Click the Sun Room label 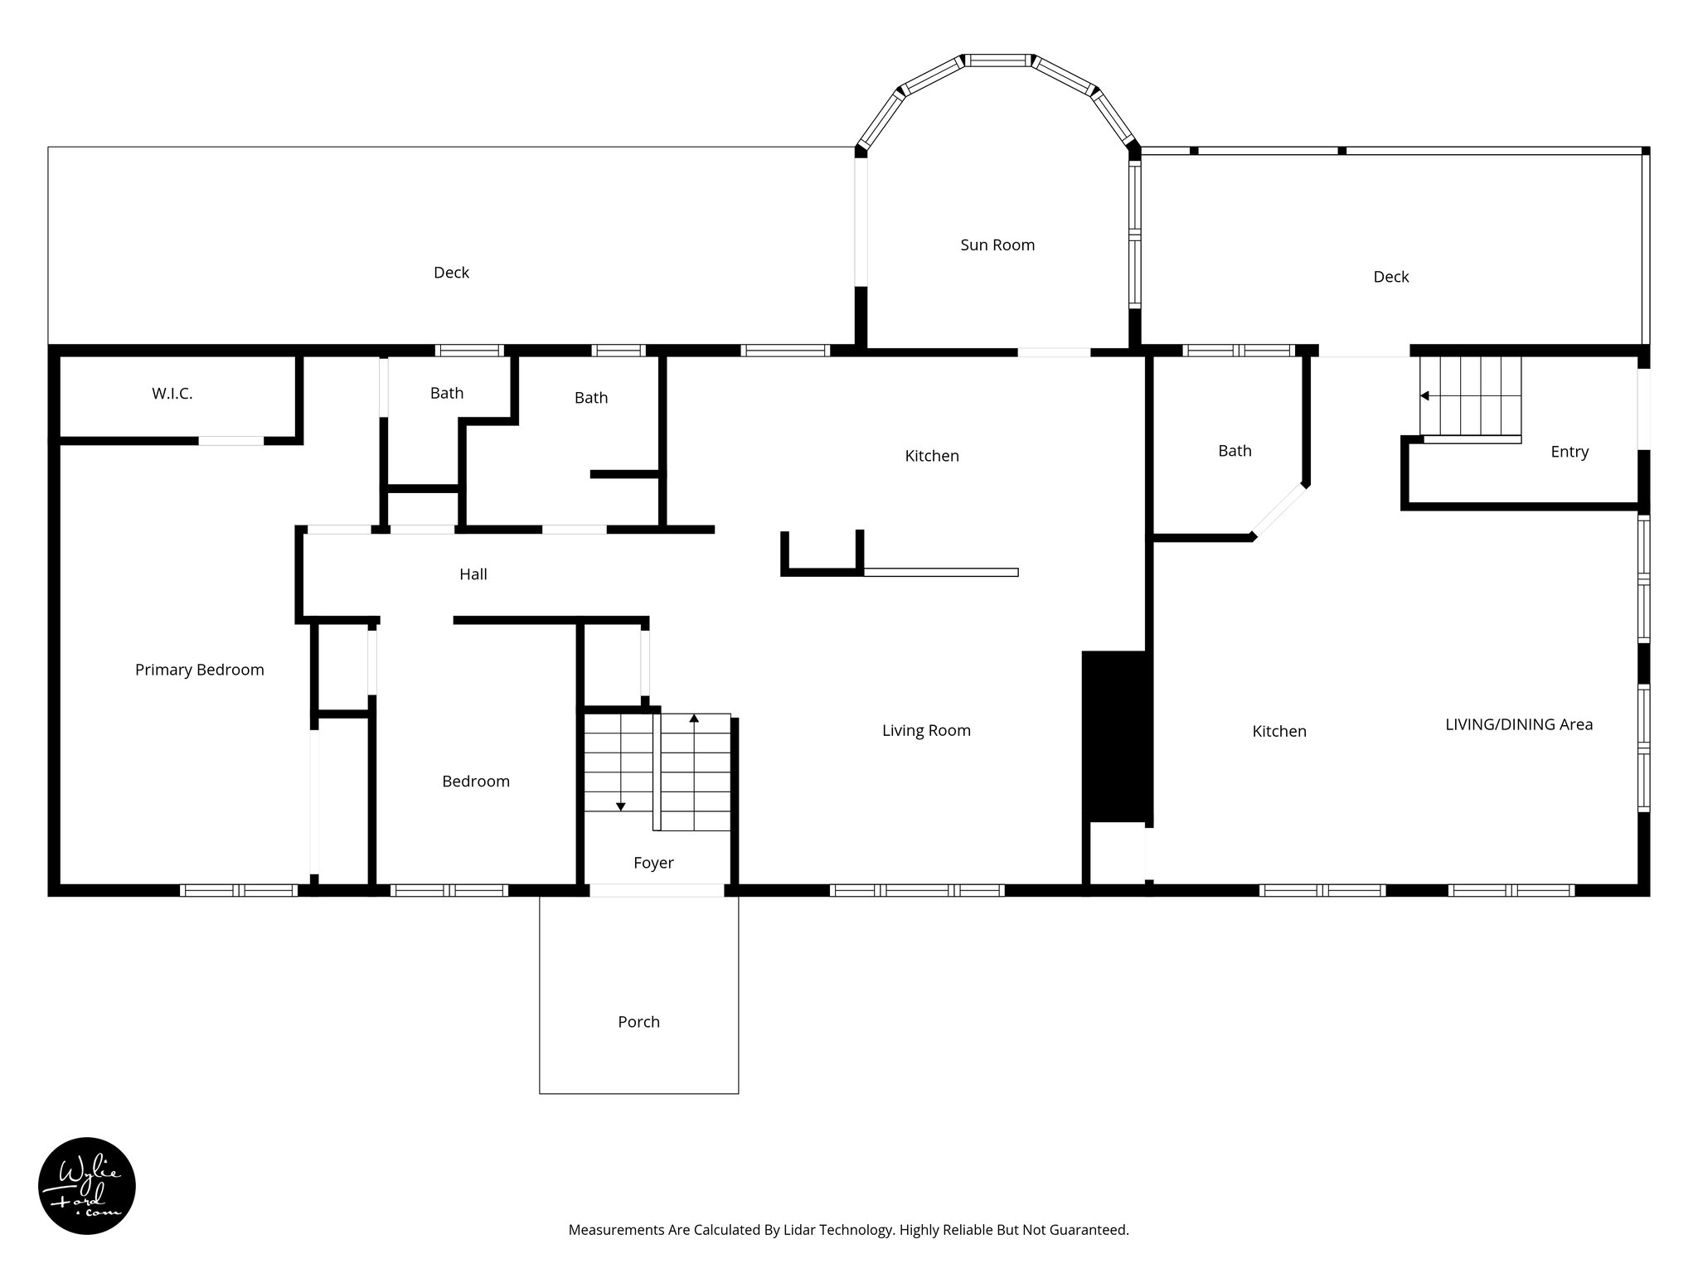(997, 245)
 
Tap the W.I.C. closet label (172, 394)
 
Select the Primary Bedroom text (200, 670)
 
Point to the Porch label (638, 1022)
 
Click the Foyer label (653, 863)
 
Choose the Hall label (473, 574)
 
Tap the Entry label (1569, 452)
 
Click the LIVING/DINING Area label (1519, 724)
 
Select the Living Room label (926, 730)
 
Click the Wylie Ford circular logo (87, 1186)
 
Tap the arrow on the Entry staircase (1425, 396)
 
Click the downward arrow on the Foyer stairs (620, 806)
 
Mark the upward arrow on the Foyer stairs (694, 719)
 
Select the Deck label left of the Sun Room (451, 273)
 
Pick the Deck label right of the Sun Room (1390, 277)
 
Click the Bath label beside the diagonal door (1235, 451)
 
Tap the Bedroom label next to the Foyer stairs (476, 782)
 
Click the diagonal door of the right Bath (1279, 511)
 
